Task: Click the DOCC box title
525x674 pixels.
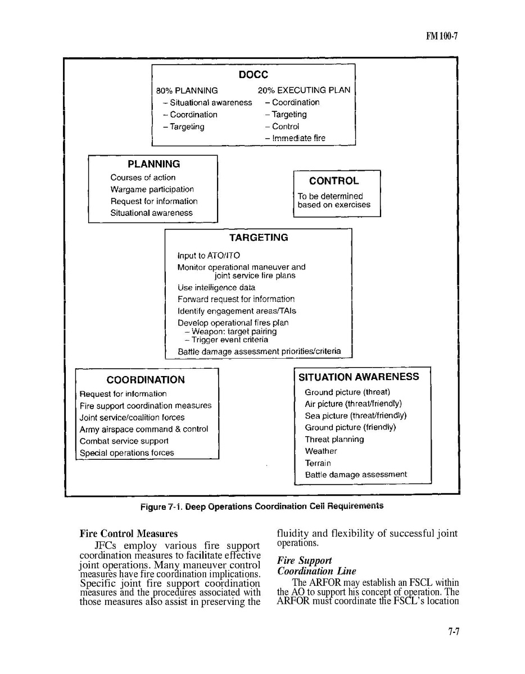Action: [x=253, y=74]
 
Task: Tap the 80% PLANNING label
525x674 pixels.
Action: [x=187, y=90]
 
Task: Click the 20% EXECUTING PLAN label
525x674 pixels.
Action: [x=304, y=90]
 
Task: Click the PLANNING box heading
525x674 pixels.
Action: [x=153, y=164]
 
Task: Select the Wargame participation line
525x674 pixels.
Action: [x=152, y=189]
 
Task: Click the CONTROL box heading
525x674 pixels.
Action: [x=333, y=181]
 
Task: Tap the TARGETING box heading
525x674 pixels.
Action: [x=258, y=238]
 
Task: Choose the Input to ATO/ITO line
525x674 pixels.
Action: [x=209, y=256]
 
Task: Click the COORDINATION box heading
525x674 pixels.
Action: [x=146, y=380]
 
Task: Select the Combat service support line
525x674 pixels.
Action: [x=124, y=441]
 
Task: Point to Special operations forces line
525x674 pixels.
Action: [x=126, y=453]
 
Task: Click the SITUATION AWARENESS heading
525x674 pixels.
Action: [x=359, y=377]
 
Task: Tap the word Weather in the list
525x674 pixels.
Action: [x=321, y=451]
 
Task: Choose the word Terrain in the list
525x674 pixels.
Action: [x=318, y=463]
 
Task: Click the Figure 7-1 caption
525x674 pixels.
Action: [x=262, y=506]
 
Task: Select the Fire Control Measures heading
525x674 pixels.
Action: [x=129, y=534]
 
